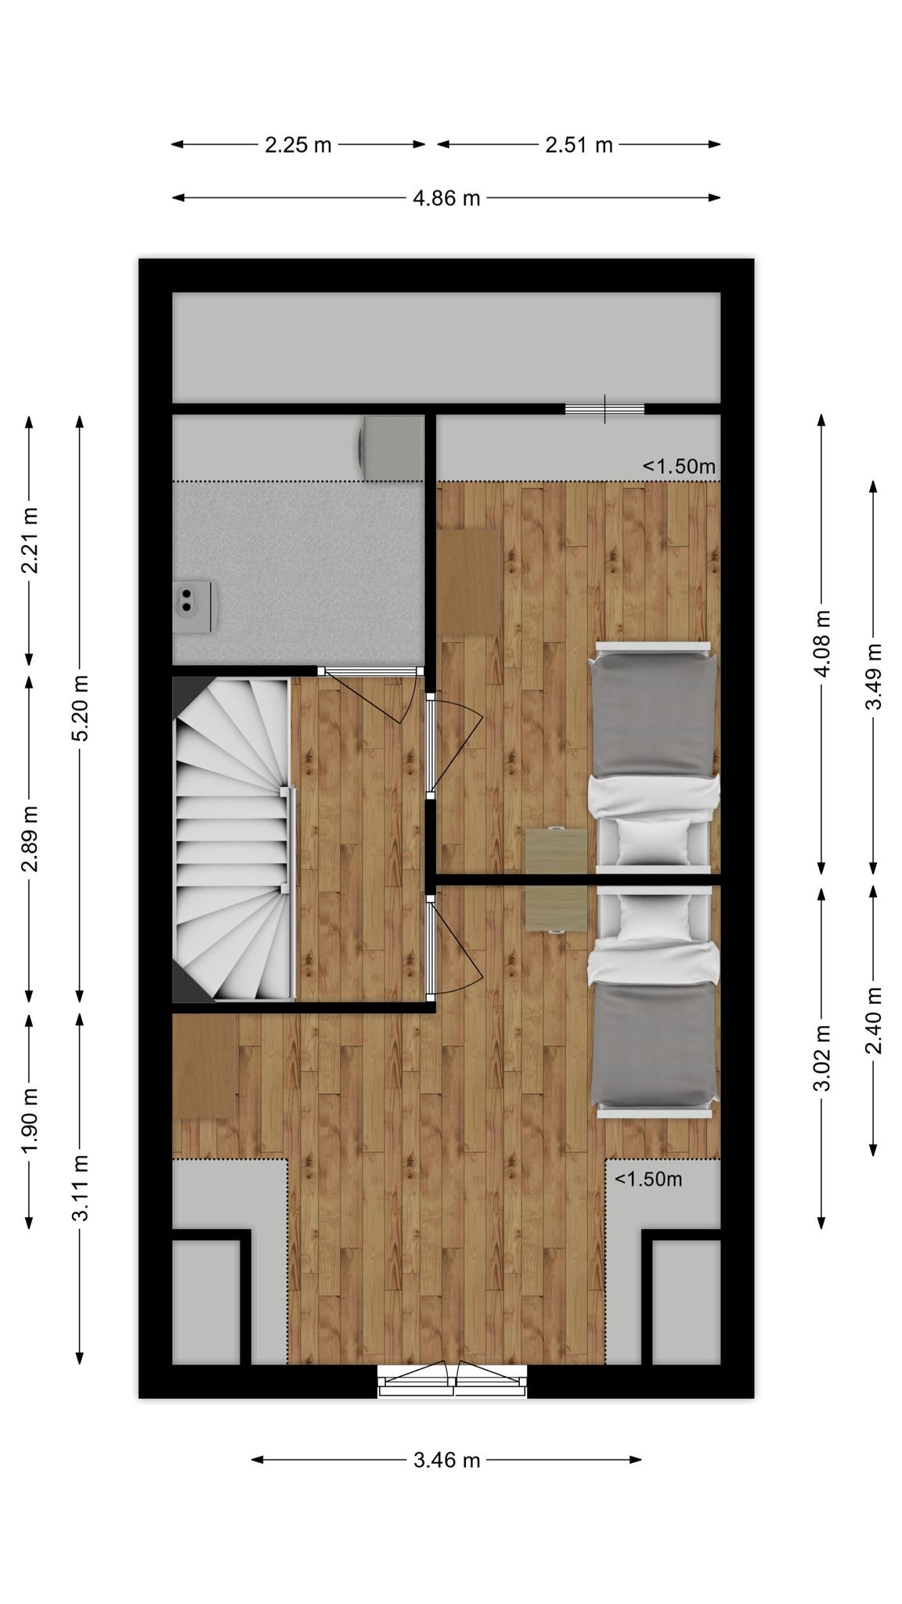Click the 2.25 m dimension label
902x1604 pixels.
coord(298,145)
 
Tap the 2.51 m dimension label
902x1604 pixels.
coord(579,145)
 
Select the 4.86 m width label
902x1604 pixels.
coord(446,198)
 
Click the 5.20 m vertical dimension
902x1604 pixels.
coord(80,708)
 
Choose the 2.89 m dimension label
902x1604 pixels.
coord(30,838)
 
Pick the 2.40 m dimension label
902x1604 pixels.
coord(874,1021)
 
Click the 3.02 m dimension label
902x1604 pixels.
coord(822,1057)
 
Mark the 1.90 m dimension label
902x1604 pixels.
coord(30,1121)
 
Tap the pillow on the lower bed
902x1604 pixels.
coord(655,918)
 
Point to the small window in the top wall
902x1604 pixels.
coord(604,409)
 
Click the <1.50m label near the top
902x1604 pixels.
coord(679,467)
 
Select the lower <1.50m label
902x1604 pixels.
coord(648,1179)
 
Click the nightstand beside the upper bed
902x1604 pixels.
coord(556,851)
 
